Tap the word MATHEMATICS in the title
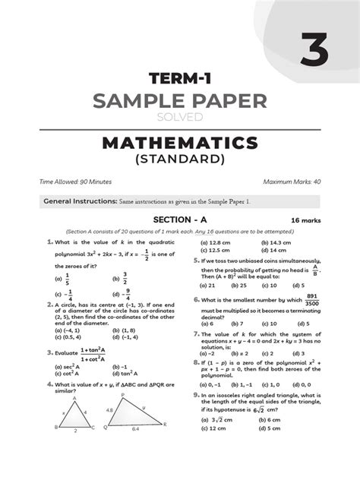[x=180, y=143]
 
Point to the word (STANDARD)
[x=180, y=160]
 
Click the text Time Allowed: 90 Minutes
[x=75, y=183]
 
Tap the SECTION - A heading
[x=179, y=219]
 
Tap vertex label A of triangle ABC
[x=74, y=397]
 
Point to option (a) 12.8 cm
[x=215, y=242]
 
